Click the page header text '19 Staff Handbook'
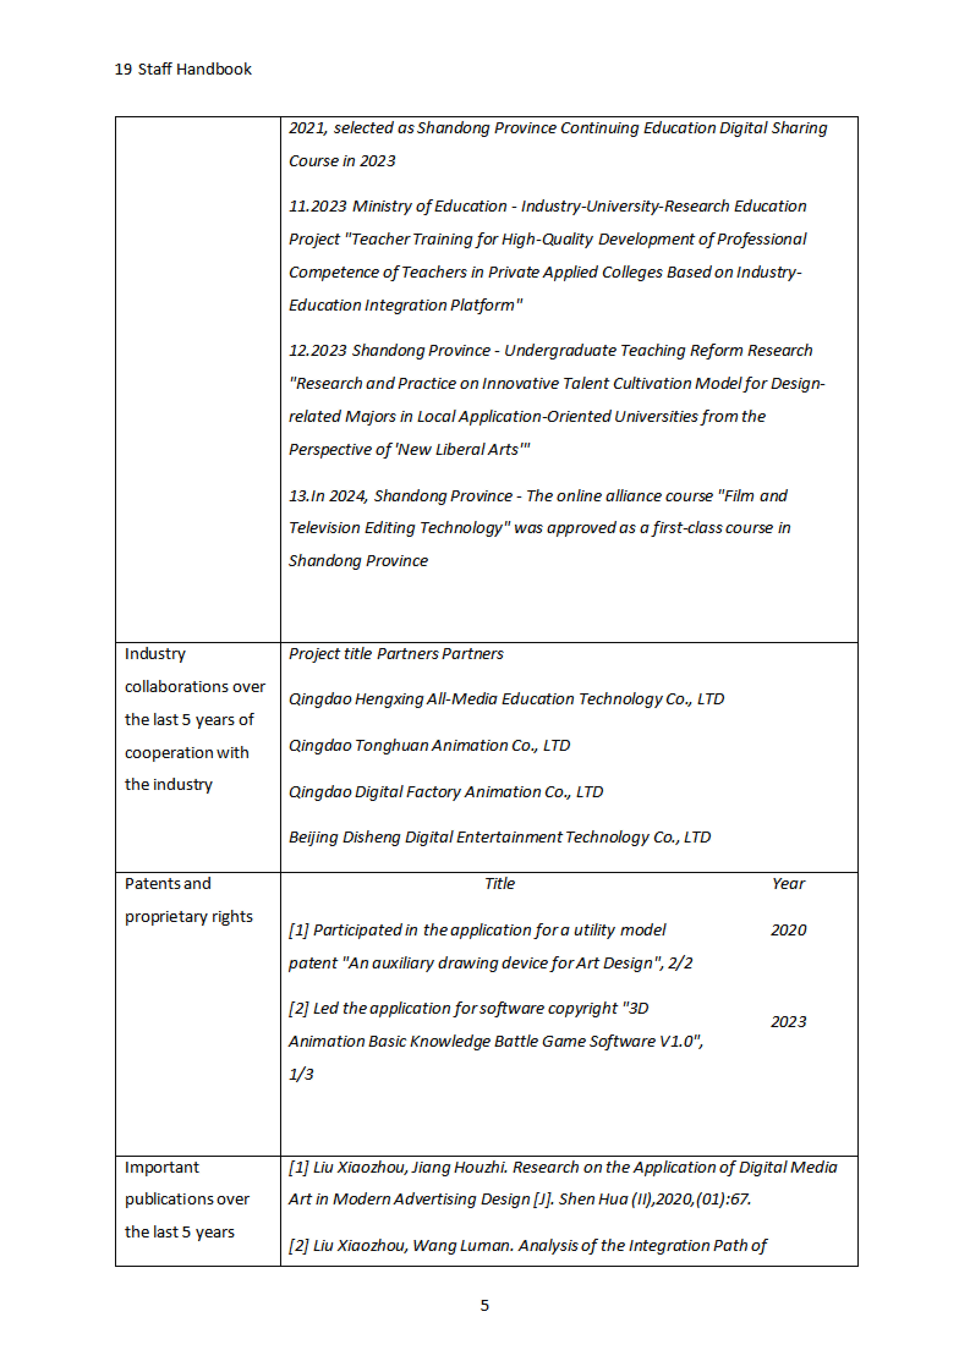tap(183, 69)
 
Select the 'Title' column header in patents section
tap(500, 884)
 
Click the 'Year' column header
tap(788, 884)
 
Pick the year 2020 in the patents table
tap(788, 930)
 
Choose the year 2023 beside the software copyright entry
tap(788, 1022)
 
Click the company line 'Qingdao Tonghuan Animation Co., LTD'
tap(429, 746)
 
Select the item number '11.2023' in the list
tap(317, 206)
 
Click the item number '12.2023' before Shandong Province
tap(317, 351)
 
